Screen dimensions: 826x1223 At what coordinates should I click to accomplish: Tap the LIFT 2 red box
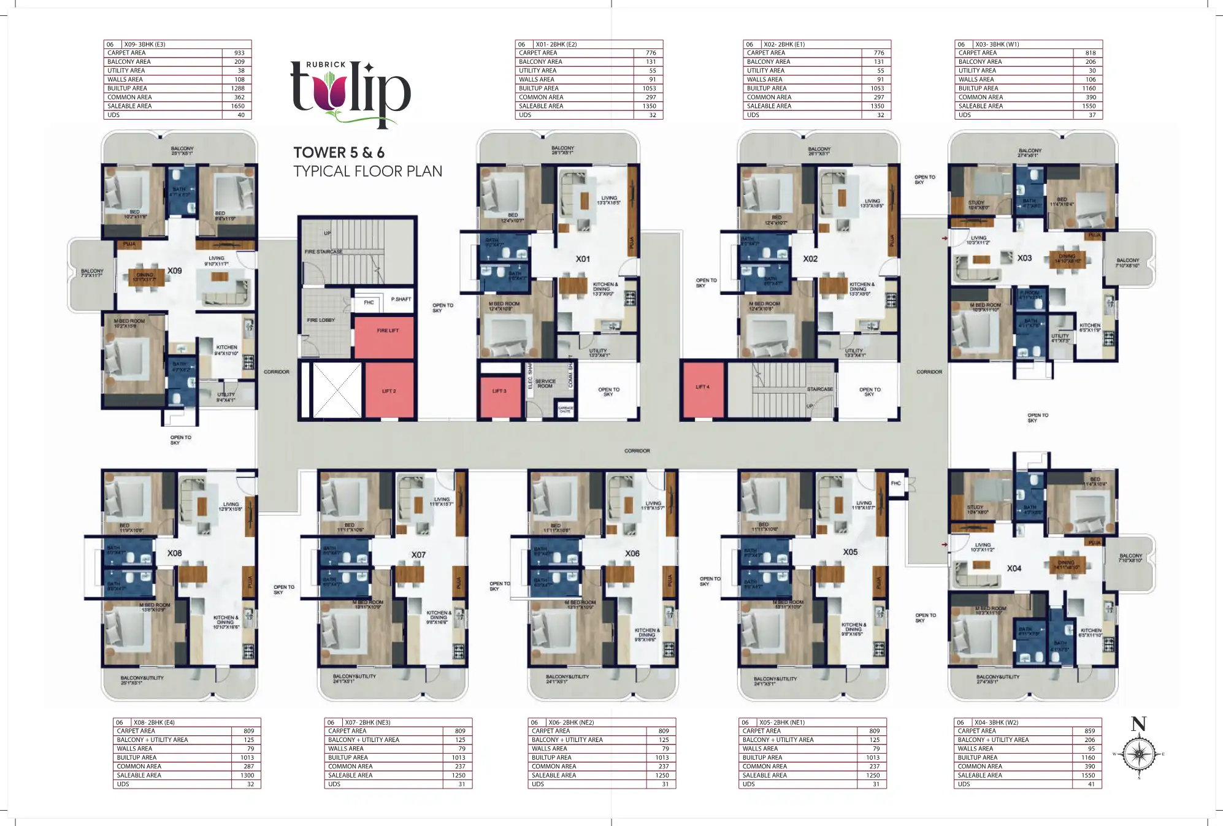389,391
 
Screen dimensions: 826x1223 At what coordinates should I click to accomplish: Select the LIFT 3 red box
500,391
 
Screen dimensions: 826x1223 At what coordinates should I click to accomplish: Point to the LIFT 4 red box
702,387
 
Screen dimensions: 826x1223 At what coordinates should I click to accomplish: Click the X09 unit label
175,270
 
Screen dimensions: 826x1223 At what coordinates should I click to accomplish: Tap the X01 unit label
583,259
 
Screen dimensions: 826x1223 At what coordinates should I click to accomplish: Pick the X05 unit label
850,552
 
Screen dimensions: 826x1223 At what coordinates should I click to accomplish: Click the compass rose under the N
1139,754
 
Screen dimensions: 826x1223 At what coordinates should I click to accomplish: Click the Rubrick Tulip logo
350,94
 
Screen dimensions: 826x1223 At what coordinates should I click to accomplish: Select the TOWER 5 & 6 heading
339,153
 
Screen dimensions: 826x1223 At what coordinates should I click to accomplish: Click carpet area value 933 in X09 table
239,53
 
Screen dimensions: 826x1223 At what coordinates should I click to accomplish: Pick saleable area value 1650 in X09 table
237,106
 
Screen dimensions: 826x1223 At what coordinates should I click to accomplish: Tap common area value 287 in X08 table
248,767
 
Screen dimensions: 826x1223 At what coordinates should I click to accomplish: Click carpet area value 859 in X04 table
1089,731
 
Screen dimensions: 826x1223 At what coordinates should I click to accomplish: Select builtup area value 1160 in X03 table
1089,88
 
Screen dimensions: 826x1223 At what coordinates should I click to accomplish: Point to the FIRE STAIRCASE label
323,252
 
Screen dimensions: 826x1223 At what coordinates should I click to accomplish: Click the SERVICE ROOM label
545,384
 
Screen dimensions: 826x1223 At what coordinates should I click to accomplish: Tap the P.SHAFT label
401,299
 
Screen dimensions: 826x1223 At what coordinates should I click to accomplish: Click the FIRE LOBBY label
321,320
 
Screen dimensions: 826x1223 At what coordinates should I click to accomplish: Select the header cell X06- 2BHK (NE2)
571,722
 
